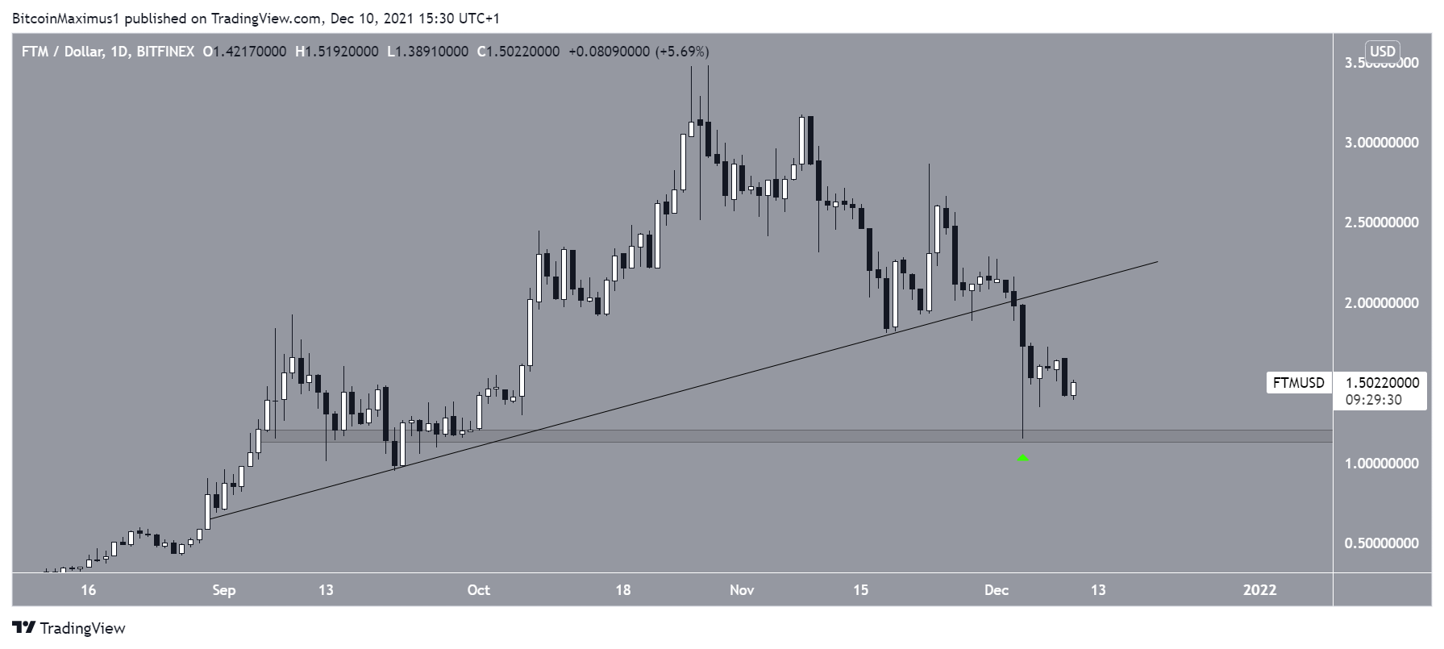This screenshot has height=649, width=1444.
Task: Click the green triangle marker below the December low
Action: [x=1023, y=458]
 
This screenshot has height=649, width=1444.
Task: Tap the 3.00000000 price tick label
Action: [x=1381, y=144]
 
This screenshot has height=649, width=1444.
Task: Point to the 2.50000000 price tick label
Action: [x=1381, y=223]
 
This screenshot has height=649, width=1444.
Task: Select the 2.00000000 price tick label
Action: [x=1381, y=303]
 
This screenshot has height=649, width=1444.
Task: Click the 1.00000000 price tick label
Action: [x=1381, y=464]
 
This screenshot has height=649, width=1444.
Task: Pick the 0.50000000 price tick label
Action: [x=1381, y=543]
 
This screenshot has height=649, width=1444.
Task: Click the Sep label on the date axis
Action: [x=224, y=590]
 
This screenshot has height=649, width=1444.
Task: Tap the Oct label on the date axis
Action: [x=479, y=590]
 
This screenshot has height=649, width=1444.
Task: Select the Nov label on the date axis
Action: [x=742, y=590]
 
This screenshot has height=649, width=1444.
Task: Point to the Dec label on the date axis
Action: [x=997, y=590]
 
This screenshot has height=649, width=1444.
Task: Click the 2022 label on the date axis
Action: [x=1260, y=590]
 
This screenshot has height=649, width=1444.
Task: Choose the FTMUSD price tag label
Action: [x=1298, y=383]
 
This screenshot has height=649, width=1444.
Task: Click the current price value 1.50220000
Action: [x=1382, y=384]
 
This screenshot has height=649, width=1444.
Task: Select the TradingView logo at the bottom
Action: [x=69, y=628]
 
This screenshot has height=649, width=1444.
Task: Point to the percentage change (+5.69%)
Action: [x=682, y=52]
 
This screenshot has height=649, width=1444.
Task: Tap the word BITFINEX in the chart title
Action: [x=165, y=52]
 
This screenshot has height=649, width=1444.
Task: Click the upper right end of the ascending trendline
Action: [x=1157, y=262]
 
